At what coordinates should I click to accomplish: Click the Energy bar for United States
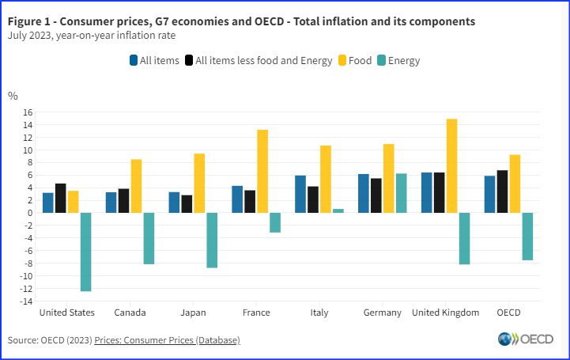click(85, 252)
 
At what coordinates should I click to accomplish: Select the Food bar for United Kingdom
click(451, 165)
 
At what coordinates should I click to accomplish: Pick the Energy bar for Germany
click(401, 193)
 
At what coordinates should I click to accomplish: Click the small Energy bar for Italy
click(338, 210)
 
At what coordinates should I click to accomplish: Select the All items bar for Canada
click(111, 203)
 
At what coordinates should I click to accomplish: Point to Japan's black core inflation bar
click(187, 203)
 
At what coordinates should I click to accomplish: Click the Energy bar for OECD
click(527, 236)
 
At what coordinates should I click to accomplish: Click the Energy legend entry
click(398, 60)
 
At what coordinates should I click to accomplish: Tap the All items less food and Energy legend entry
click(258, 60)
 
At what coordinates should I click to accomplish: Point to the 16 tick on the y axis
click(27, 112)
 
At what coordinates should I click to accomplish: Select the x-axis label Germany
click(382, 313)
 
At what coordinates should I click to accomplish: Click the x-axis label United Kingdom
click(446, 313)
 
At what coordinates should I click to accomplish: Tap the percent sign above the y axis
click(13, 96)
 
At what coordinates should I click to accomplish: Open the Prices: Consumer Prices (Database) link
click(167, 340)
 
